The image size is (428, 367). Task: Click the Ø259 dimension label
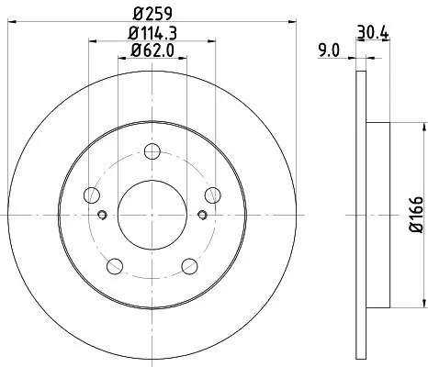point(153,13)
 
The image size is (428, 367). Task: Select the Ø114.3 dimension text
point(152,33)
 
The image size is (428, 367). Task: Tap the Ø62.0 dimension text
point(152,50)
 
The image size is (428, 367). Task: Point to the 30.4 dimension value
point(373,32)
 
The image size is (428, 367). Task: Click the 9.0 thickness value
point(329,50)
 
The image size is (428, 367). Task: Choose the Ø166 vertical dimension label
point(416,215)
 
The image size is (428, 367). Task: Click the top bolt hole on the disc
point(152,151)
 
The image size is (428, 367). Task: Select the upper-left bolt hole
point(92,195)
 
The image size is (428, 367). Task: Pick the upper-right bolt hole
point(213,195)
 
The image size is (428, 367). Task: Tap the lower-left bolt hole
point(115,266)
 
